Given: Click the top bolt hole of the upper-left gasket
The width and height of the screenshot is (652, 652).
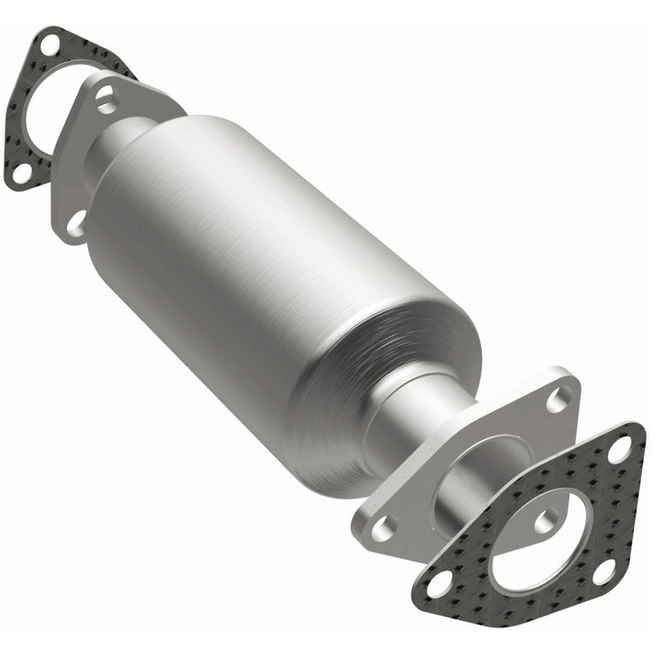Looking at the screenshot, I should click(51, 42).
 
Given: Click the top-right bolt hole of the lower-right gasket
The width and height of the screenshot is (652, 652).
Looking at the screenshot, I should click(621, 446).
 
